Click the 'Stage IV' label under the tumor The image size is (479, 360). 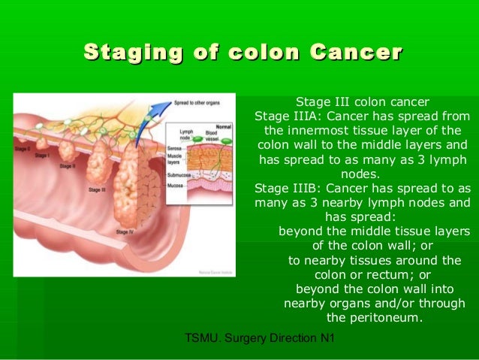[125, 232]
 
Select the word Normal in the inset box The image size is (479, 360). [224, 126]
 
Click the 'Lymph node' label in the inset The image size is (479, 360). [186, 135]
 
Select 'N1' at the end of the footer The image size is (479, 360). [327, 339]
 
